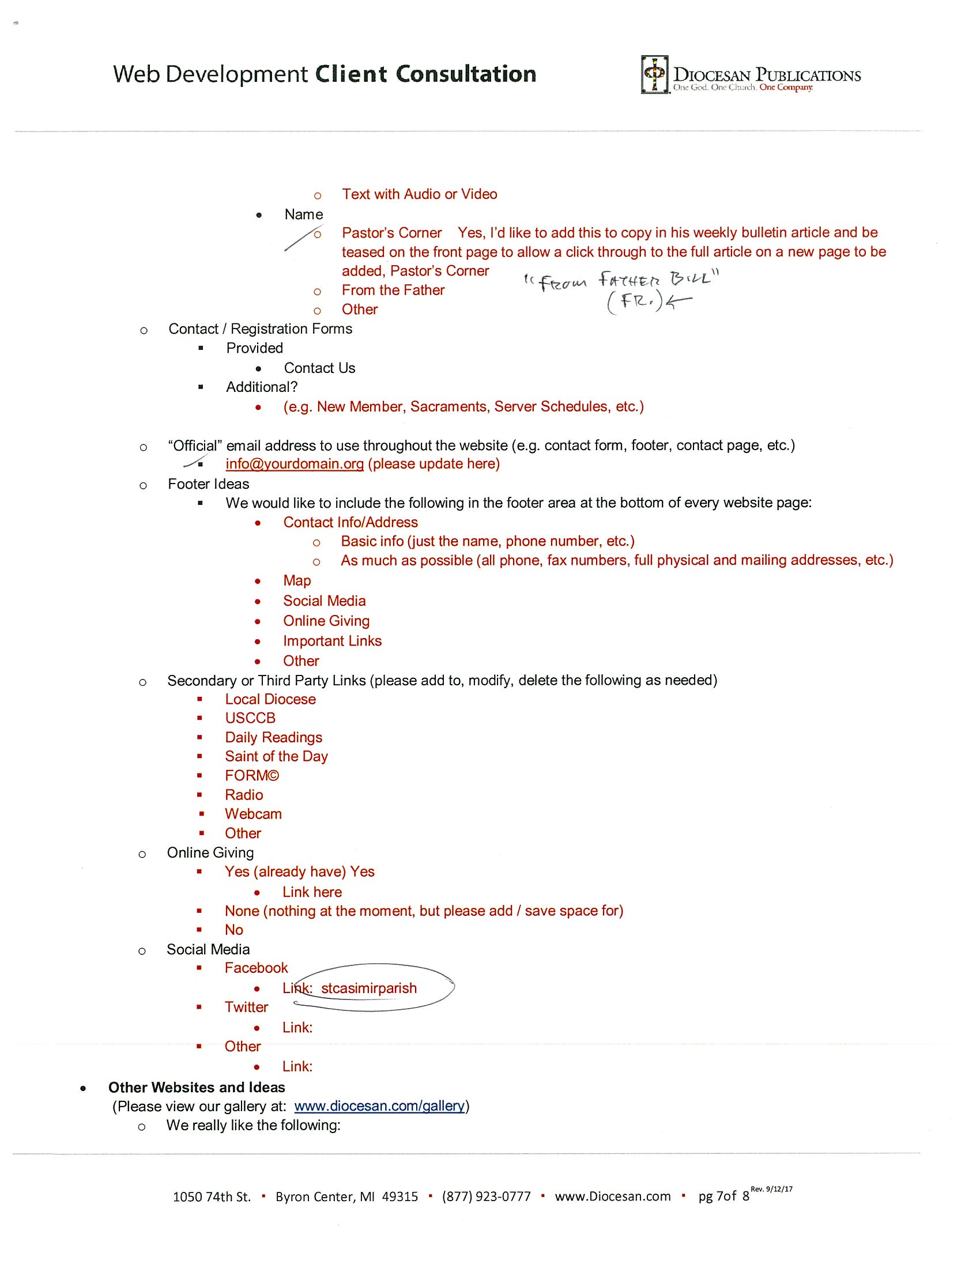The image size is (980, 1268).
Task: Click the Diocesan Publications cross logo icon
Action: point(655,74)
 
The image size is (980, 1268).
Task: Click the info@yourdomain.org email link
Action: point(295,464)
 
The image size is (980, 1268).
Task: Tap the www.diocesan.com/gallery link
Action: point(380,1106)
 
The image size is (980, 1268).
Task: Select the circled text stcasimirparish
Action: point(369,988)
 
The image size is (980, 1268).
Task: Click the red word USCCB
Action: point(250,718)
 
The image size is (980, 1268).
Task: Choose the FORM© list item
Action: point(252,776)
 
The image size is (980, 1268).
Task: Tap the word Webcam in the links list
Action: point(253,814)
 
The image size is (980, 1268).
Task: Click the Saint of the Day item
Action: point(276,757)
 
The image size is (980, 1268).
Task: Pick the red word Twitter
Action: point(246,1007)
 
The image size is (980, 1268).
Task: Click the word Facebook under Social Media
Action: point(256,968)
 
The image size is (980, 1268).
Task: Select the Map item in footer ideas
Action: point(297,580)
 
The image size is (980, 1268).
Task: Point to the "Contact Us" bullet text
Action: point(319,368)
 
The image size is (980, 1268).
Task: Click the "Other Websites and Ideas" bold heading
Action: point(197,1088)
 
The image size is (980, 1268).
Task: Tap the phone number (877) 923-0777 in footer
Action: point(486,1197)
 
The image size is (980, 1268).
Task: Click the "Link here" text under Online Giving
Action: point(312,892)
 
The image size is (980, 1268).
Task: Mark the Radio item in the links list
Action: point(244,795)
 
